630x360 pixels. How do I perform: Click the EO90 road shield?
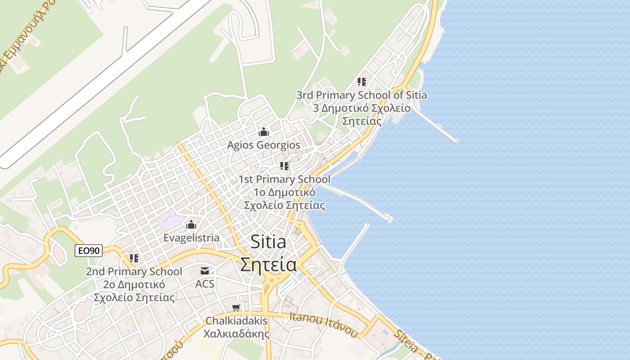coord(89,251)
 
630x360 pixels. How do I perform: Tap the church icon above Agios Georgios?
coord(264,132)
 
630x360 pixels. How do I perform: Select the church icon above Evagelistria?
coord(191,224)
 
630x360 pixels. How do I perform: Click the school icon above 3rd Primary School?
coord(362,82)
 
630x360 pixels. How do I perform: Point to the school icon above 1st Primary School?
coord(284,166)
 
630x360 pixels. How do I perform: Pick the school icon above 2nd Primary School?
coord(134,258)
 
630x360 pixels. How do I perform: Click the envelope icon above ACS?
coord(205,270)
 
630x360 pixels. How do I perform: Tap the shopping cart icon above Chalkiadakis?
coord(236,308)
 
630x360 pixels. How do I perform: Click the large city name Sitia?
coord(268,242)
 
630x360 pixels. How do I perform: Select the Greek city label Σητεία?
coord(268,265)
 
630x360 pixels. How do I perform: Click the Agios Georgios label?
coord(264,145)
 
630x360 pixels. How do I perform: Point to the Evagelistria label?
coord(192,238)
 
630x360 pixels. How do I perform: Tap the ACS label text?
coord(205,284)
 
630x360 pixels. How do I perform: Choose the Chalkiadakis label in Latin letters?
coord(236,321)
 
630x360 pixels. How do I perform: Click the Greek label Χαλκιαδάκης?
coord(236,334)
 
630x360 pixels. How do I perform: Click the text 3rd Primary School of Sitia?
coord(362,95)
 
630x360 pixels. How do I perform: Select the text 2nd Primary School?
coord(134,272)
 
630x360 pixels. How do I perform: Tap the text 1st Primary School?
coord(284,180)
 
